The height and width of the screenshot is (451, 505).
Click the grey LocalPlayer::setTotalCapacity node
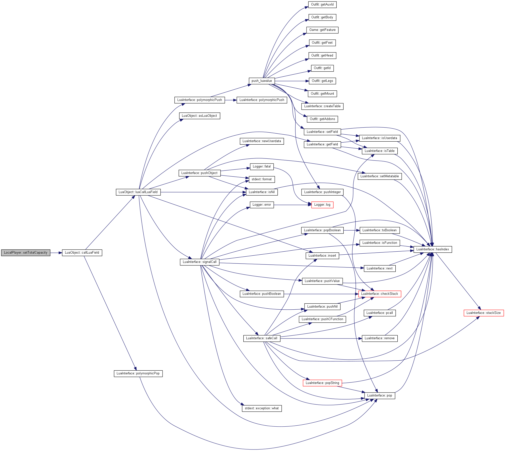click(x=26, y=253)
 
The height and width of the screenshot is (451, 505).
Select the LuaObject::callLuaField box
click(x=82, y=253)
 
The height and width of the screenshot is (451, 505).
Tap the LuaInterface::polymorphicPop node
click(x=138, y=373)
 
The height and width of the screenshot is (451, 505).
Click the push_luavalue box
click(x=262, y=81)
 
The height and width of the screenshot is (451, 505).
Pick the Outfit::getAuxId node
click(x=322, y=5)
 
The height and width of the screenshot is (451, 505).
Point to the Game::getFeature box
click(x=322, y=30)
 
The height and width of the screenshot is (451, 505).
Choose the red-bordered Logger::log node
click(x=322, y=205)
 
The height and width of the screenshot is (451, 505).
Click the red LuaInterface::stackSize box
click(x=484, y=313)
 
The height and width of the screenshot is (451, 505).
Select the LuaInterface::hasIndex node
click(x=433, y=249)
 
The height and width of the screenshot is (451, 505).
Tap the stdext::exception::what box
click(x=262, y=408)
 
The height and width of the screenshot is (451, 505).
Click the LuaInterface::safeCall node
click(x=262, y=338)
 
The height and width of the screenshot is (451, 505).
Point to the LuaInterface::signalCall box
click(x=200, y=262)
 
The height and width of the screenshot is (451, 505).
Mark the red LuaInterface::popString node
click(x=322, y=383)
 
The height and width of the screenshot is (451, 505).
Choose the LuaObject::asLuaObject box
click(x=199, y=116)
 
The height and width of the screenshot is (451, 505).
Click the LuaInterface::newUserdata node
click(x=262, y=141)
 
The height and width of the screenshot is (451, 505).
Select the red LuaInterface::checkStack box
click(x=380, y=294)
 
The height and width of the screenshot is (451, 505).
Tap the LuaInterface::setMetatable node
click(x=380, y=176)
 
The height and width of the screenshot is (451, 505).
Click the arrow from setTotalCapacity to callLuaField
click(x=56, y=253)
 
